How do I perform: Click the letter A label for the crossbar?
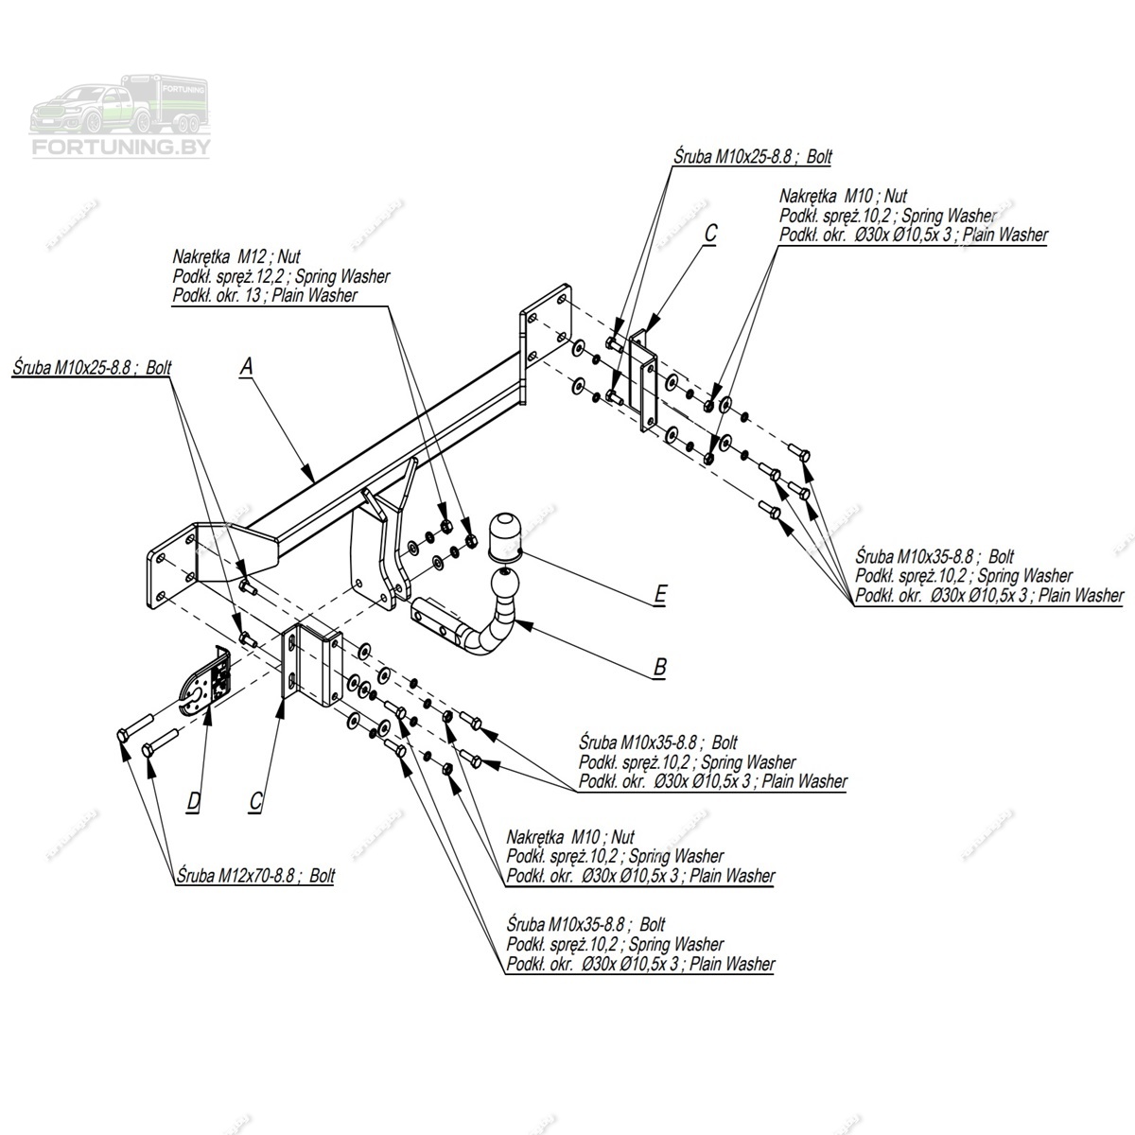tap(247, 366)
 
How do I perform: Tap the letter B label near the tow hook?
tap(659, 667)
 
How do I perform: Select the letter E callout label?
tap(659, 594)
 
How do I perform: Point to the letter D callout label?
tap(193, 802)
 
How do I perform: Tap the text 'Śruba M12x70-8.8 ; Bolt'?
tap(255, 877)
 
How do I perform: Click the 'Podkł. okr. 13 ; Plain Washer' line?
tap(265, 296)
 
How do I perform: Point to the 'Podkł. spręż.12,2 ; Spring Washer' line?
tap(281, 276)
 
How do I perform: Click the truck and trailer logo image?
tap(122, 102)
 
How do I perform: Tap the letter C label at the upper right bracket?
tap(710, 233)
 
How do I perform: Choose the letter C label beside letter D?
tap(255, 802)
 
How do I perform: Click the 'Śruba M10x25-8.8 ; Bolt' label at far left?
tap(92, 367)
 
